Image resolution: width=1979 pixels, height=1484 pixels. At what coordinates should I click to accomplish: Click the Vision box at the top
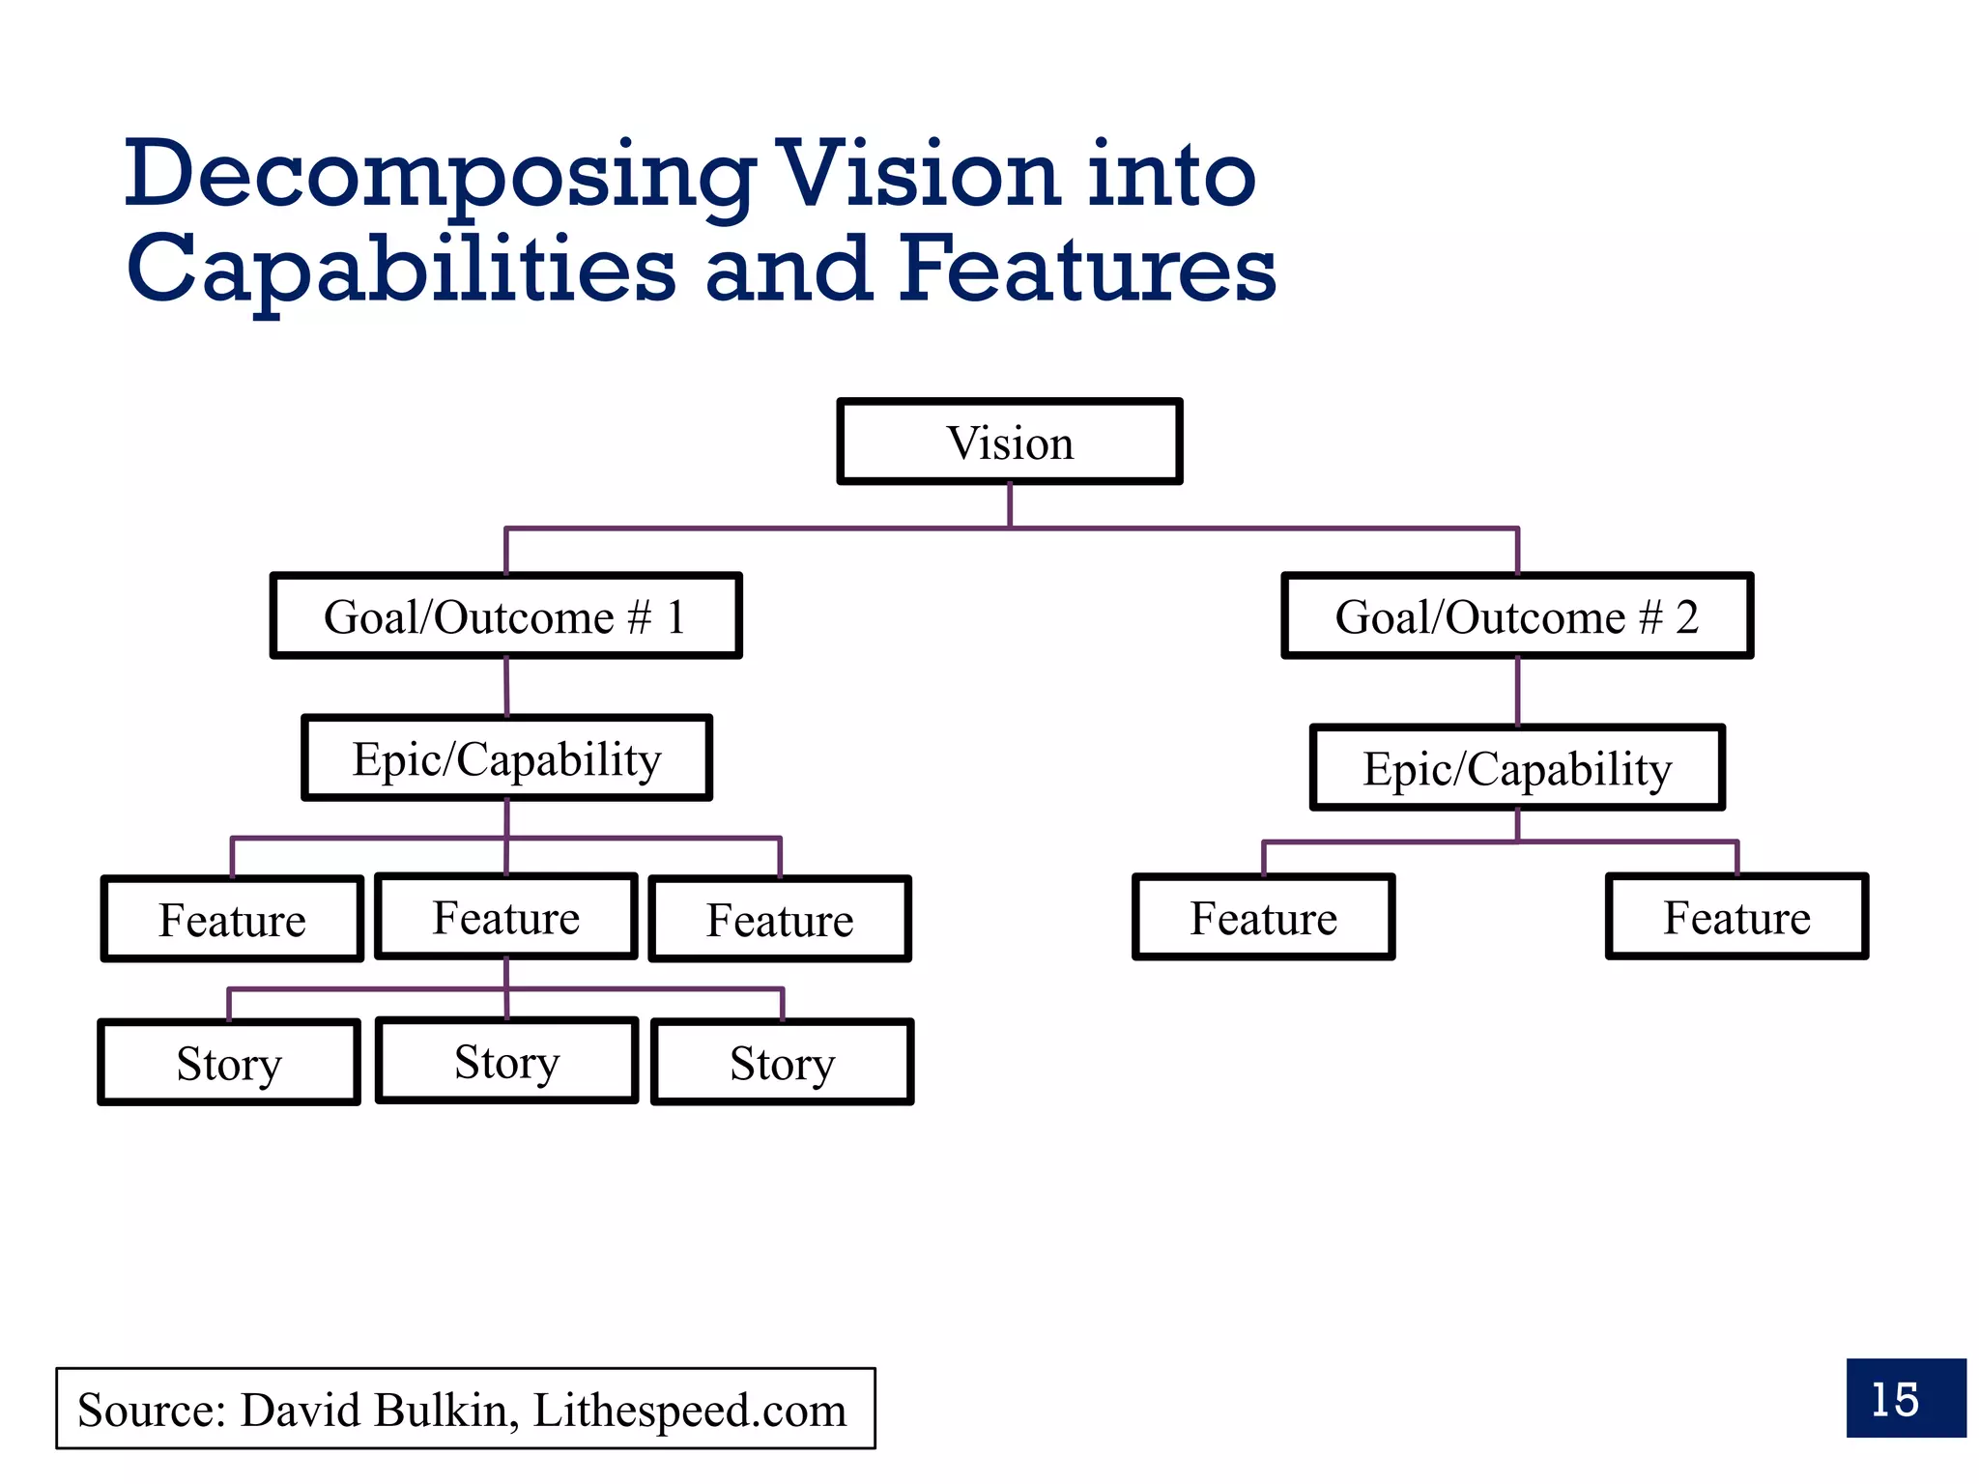click(x=1010, y=442)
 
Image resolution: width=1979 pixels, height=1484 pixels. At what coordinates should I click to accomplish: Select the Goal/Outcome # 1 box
click(x=506, y=616)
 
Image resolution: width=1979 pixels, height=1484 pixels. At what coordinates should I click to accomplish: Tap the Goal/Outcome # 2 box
click(x=1517, y=616)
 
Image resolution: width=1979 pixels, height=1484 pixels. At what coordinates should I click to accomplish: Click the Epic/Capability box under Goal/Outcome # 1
click(x=506, y=758)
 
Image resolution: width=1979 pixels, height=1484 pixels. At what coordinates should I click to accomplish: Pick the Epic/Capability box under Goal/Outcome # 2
click(x=1517, y=768)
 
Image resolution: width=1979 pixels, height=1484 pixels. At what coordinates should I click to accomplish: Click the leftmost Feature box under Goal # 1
click(x=232, y=919)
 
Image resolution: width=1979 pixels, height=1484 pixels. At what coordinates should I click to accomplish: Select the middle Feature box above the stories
click(x=506, y=917)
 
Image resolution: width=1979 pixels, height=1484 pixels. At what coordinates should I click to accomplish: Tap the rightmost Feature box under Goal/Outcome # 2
click(x=1736, y=917)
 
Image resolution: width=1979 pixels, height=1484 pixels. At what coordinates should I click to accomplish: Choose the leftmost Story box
click(x=229, y=1063)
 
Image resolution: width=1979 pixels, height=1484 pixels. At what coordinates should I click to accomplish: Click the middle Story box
click(x=506, y=1061)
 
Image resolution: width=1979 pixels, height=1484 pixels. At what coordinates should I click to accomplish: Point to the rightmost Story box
click(x=783, y=1063)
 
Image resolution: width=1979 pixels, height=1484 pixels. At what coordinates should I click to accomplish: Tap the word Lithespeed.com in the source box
click(x=689, y=1410)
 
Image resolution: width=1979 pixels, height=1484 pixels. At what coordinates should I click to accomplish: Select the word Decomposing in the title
click(x=440, y=176)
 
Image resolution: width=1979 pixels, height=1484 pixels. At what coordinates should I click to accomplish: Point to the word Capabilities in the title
click(x=401, y=271)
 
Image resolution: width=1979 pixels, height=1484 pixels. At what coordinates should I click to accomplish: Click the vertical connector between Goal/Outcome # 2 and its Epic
click(x=1517, y=692)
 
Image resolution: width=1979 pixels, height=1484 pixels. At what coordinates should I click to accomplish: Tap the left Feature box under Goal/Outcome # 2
click(x=1263, y=917)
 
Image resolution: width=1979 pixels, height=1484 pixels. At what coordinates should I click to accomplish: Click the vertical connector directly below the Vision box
click(x=1010, y=504)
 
